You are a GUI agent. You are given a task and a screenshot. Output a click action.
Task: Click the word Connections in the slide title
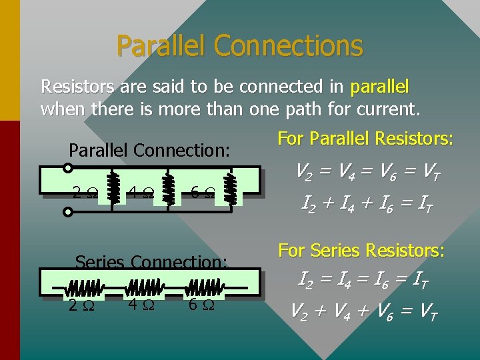coord(288,46)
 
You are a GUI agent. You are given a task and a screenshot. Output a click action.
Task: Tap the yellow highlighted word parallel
coord(379,87)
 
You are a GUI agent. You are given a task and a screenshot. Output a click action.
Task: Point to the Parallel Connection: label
coord(149,151)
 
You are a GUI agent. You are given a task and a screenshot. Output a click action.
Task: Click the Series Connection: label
coord(151,262)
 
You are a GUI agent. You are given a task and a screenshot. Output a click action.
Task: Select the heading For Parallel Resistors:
coord(365,139)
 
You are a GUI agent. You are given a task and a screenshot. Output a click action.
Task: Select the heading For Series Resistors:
coord(361,251)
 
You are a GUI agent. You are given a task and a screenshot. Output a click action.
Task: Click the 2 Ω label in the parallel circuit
coord(83,194)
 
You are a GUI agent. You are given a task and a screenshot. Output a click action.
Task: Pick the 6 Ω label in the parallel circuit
coord(201,194)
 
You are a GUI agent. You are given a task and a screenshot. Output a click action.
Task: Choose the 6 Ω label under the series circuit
coord(201,305)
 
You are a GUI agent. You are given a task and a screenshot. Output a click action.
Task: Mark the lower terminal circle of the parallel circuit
coord(67,213)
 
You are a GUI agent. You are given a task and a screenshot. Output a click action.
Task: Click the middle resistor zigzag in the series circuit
coord(145,288)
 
